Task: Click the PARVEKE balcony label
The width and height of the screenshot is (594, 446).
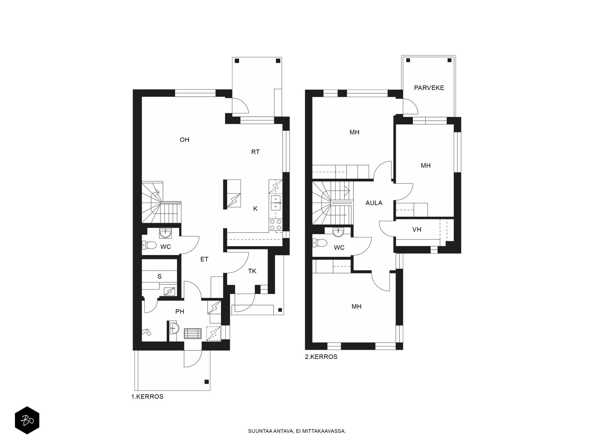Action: [x=429, y=88]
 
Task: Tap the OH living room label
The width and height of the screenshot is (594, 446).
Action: [x=185, y=140]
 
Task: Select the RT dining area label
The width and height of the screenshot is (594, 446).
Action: [x=255, y=152]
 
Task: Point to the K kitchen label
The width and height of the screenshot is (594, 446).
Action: [x=255, y=209]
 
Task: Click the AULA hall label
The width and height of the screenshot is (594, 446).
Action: [x=374, y=203]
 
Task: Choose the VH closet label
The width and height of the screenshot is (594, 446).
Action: [x=417, y=230]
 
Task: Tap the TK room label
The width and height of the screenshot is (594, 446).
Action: [x=252, y=271]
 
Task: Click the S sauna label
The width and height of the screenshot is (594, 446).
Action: [x=160, y=277]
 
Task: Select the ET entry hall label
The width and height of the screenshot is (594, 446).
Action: [x=204, y=259]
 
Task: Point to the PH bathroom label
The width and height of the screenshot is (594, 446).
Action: [x=180, y=311]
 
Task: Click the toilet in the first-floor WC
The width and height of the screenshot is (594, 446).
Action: [x=149, y=245]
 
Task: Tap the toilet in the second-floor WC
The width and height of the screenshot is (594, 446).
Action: [x=319, y=243]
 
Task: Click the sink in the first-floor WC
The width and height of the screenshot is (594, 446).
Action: [x=165, y=233]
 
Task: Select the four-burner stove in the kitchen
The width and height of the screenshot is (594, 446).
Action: [x=275, y=224]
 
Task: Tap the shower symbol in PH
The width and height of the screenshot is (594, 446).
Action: [x=146, y=332]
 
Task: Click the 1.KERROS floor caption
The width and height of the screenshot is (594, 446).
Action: [x=147, y=397]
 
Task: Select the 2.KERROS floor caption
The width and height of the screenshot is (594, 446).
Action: [x=321, y=357]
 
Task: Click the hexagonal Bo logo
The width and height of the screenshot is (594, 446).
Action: [x=27, y=420]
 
